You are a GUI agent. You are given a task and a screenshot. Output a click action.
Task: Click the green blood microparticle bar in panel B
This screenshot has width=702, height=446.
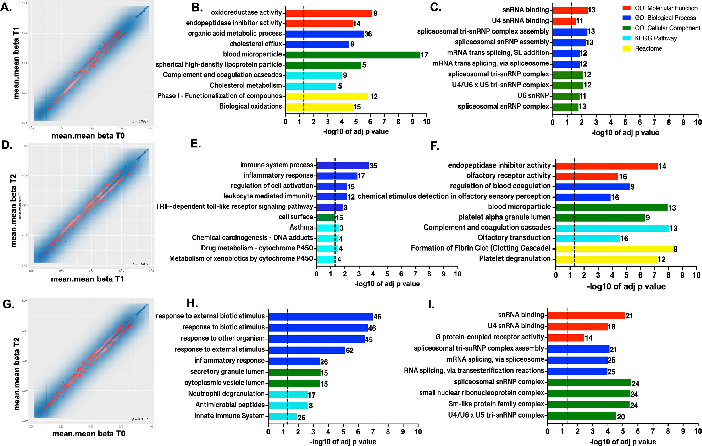(353, 55)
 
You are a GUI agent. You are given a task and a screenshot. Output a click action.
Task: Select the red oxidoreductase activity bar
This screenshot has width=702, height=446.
(329, 13)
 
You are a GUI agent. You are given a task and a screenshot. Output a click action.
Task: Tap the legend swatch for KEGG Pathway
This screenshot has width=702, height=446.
(626, 38)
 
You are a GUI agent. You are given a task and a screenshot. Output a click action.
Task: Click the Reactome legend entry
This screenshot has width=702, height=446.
(648, 48)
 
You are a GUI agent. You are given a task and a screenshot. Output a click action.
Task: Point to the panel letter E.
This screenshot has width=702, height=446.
(195, 144)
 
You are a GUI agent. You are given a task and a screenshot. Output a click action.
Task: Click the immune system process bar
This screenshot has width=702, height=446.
(342, 165)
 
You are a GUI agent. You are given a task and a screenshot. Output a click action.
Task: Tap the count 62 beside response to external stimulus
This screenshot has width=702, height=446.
(350, 350)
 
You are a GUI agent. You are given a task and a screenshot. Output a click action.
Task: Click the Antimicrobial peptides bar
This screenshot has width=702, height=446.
(288, 405)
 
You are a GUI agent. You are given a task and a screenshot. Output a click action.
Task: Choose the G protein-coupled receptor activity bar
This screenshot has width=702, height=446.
(565, 338)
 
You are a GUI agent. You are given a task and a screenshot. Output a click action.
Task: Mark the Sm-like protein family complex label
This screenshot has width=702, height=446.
(496, 404)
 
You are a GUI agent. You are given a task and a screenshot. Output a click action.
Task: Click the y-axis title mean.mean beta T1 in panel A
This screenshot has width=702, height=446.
(16, 63)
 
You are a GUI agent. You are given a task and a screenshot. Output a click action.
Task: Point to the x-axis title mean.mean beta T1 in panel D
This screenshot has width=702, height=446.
(88, 279)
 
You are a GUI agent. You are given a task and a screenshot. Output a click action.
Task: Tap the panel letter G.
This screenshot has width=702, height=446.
(8, 304)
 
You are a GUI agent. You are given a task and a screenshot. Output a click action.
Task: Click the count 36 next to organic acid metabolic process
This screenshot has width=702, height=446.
(368, 34)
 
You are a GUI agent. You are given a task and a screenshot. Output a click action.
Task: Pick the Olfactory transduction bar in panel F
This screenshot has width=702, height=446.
(587, 238)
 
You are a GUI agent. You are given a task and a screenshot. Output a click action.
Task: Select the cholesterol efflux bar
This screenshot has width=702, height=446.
(317, 44)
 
